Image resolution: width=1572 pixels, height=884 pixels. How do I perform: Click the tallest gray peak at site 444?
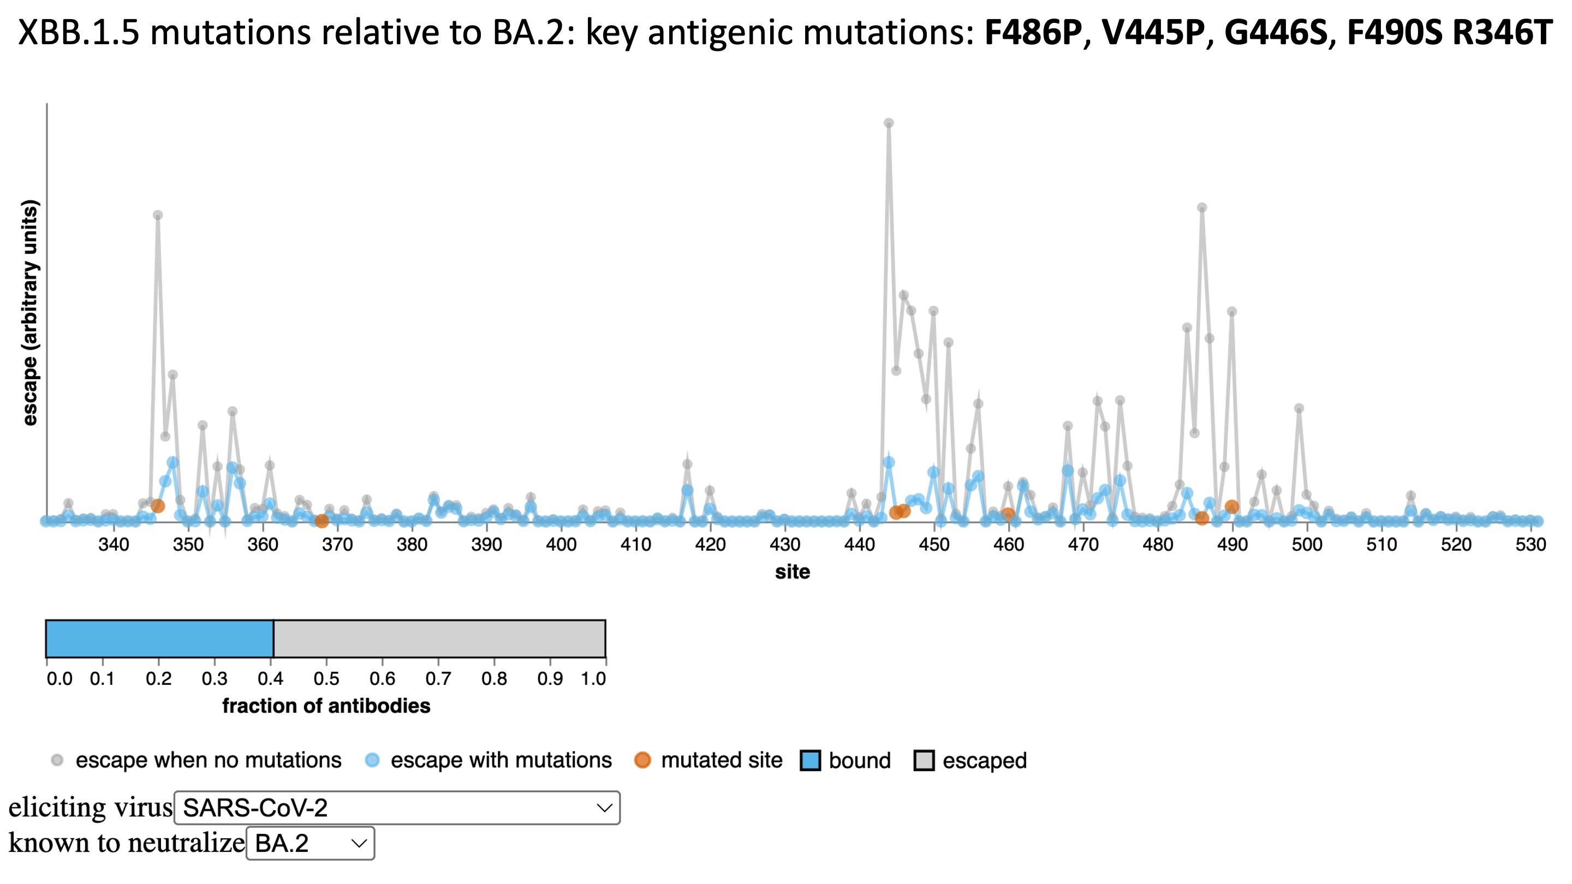tap(889, 123)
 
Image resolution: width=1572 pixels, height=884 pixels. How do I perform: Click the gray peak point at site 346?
tap(157, 216)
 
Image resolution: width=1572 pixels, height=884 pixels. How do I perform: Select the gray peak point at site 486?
tap(1201, 208)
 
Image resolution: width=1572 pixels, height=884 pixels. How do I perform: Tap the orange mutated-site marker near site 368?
tap(321, 521)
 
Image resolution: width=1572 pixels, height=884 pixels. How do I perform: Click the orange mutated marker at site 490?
tap(1231, 506)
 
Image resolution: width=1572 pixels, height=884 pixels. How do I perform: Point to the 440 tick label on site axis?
tap(859, 544)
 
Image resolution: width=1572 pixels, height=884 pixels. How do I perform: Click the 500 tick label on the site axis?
tap(1307, 544)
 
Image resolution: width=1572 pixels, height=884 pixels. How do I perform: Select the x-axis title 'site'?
tap(792, 572)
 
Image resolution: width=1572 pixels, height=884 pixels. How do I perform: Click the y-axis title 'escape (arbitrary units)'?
tap(29, 312)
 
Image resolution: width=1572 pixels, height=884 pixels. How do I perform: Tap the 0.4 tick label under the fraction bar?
tap(270, 678)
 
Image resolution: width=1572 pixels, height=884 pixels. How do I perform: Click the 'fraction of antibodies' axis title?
tap(326, 706)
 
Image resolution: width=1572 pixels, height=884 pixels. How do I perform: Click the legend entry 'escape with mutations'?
tap(501, 760)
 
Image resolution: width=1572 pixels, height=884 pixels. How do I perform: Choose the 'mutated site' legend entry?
tap(720, 760)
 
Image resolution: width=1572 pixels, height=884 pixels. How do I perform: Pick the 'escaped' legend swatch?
tap(924, 761)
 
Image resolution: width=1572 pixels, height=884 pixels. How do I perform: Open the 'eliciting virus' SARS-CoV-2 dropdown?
tap(397, 808)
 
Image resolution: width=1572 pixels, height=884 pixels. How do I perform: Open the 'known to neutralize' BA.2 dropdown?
tap(310, 843)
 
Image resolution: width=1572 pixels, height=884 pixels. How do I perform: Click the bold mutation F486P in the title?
tap(1033, 32)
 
